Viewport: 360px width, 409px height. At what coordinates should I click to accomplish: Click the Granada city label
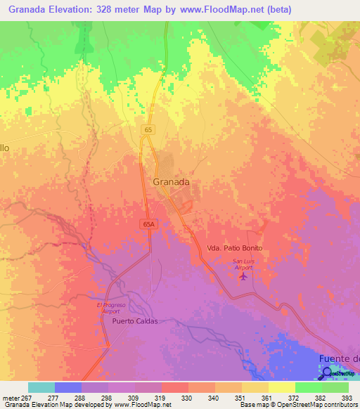click(x=171, y=181)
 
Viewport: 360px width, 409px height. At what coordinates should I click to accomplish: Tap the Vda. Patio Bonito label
click(x=234, y=249)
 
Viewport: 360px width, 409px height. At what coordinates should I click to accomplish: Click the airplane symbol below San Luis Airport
click(x=243, y=276)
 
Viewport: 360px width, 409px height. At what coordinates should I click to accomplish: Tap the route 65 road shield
click(x=148, y=130)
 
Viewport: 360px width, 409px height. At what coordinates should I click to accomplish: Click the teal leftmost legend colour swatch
click(x=41, y=387)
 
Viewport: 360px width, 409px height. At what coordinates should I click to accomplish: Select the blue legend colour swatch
click(x=68, y=387)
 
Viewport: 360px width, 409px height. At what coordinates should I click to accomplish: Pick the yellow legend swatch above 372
click(x=281, y=387)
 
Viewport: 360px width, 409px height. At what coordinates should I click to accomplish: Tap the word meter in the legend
click(x=11, y=398)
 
